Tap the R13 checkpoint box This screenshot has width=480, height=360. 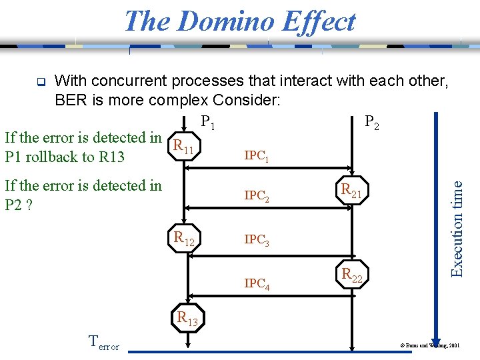[x=187, y=319]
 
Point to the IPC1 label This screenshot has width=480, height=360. [x=257, y=156]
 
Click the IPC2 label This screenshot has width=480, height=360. [x=257, y=197]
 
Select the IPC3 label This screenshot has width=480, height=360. [x=257, y=240]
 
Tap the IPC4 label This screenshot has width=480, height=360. [x=257, y=283]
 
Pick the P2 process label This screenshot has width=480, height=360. [x=371, y=123]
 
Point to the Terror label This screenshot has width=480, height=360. [x=104, y=343]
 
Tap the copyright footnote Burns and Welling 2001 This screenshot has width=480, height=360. [x=429, y=346]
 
